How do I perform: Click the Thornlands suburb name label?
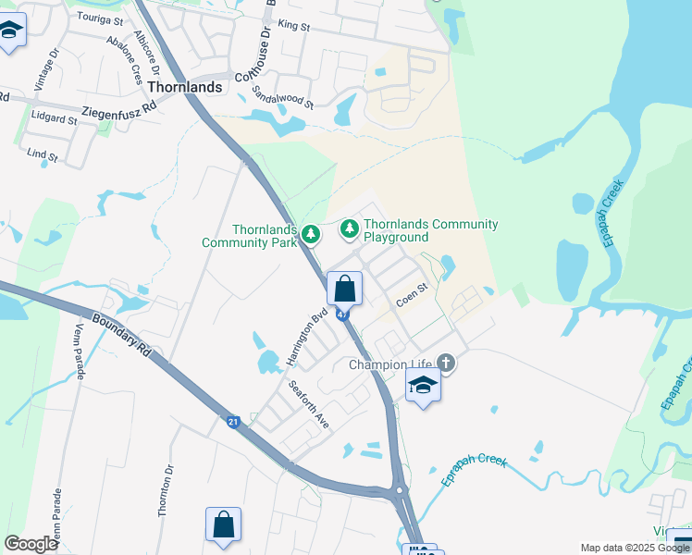point(185,87)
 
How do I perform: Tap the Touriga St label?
point(100,18)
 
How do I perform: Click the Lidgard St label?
point(54,119)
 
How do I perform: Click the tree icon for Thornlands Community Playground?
point(350,228)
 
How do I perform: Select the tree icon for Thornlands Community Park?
point(312,234)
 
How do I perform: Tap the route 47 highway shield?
point(343,315)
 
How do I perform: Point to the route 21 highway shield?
point(233,423)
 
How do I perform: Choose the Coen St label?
point(411,295)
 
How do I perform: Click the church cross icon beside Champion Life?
point(446,363)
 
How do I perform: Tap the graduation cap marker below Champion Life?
point(423,385)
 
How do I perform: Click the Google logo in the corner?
point(31,544)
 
